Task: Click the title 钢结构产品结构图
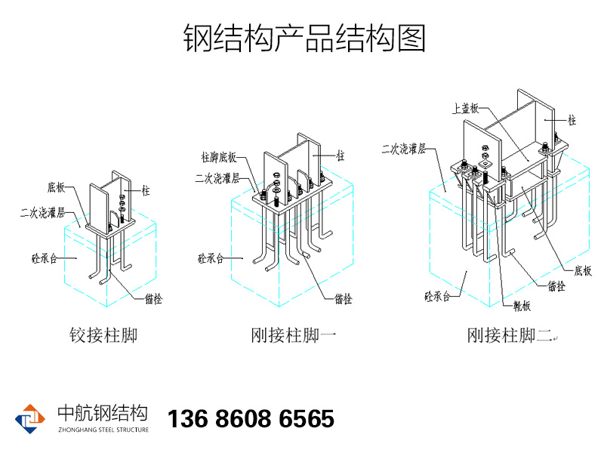click(304, 38)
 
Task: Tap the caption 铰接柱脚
click(103, 334)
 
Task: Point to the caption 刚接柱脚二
click(510, 334)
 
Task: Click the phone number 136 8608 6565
click(250, 419)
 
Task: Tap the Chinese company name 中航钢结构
click(103, 413)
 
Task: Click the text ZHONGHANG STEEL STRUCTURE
click(103, 430)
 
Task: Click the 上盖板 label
click(465, 108)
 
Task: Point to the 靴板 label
click(522, 305)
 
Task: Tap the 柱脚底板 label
click(219, 157)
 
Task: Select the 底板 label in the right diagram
click(583, 270)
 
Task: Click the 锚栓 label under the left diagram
click(153, 298)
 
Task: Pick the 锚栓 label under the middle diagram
click(343, 298)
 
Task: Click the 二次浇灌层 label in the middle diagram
click(217, 179)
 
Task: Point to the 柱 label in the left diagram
click(146, 191)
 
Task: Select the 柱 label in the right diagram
click(572, 120)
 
